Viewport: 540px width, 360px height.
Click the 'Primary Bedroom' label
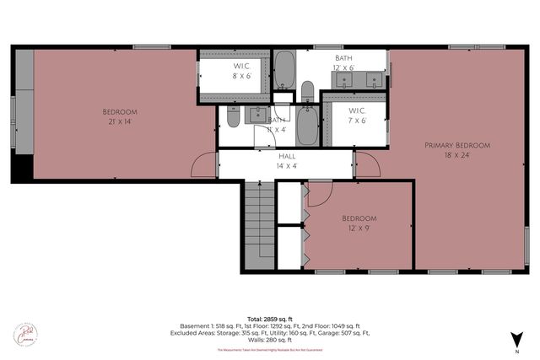456,145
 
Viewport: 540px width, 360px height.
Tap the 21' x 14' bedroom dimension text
119,122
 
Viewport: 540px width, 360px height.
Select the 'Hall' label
287,156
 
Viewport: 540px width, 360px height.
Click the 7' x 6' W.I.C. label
358,120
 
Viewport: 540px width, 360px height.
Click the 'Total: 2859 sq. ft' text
269,317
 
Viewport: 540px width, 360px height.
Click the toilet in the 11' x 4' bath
233,119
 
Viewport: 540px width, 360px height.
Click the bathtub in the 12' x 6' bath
284,71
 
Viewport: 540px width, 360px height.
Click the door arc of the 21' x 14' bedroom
204,166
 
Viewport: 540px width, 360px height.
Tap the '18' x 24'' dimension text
456,155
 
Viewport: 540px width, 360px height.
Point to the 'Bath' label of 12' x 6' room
343,58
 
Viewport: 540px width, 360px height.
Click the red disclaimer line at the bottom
269,349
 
